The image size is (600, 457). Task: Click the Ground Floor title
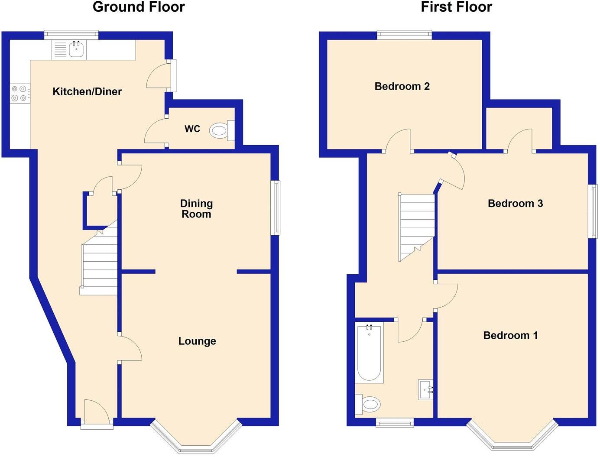139,7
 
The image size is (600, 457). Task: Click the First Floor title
456,7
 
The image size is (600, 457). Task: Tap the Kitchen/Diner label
87,91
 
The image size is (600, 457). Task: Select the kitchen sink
76,49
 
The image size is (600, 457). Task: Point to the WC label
192,129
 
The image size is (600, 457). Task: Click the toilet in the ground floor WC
221,130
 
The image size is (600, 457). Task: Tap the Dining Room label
196,208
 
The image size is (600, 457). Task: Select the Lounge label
197,341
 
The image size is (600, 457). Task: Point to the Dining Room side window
276,208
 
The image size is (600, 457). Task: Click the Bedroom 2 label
402,86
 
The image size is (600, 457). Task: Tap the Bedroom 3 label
515,204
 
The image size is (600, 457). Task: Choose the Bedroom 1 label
510,335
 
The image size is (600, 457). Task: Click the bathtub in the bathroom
369,353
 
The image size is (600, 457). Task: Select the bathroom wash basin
425,389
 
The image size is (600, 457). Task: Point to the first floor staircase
416,225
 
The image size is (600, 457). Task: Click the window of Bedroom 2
404,35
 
